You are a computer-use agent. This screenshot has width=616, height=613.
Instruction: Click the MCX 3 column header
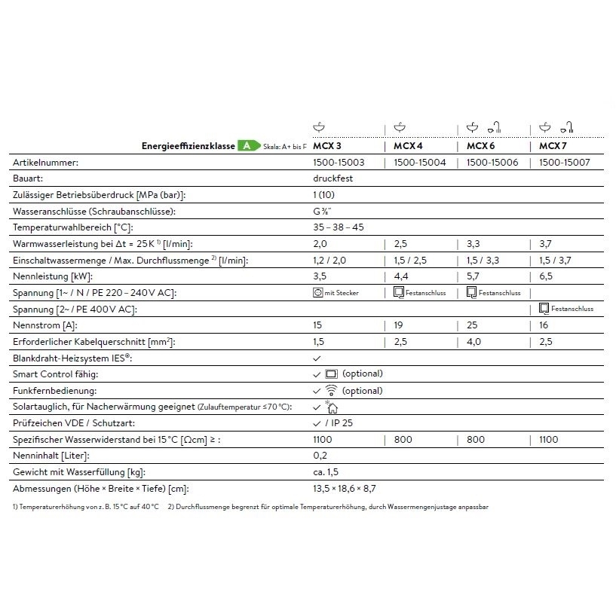[327, 145]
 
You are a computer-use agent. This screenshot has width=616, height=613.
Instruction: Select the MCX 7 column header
[553, 145]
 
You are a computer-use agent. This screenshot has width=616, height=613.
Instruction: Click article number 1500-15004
[420, 162]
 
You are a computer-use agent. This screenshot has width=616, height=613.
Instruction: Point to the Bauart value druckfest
[333, 178]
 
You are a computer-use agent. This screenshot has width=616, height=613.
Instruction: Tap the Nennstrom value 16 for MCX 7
[544, 325]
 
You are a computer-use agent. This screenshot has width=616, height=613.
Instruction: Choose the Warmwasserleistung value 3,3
[474, 243]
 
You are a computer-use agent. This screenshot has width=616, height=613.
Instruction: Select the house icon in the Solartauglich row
[332, 407]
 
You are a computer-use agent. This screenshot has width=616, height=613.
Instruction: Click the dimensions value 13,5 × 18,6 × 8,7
[344, 489]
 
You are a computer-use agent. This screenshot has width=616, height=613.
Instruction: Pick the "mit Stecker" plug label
[342, 293]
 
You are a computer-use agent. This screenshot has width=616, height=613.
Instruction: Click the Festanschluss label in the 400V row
[572, 309]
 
